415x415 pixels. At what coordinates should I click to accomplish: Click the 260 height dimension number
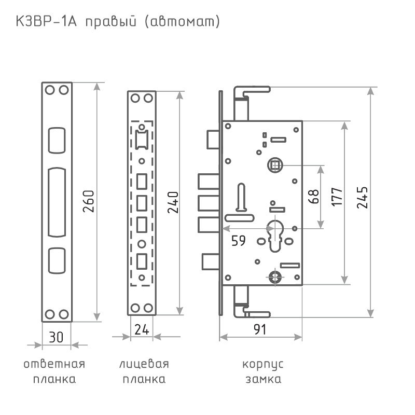(x=88, y=201)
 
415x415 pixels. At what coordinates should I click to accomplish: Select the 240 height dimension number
(x=173, y=202)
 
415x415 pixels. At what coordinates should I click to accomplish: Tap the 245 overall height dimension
(x=362, y=198)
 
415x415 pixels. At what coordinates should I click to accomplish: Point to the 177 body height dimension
(x=337, y=197)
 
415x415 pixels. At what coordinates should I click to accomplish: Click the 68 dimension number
(x=314, y=196)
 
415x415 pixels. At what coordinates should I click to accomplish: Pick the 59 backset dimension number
(x=239, y=241)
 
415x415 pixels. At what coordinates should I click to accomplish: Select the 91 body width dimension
(x=260, y=329)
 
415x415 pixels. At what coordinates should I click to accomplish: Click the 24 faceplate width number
(x=142, y=329)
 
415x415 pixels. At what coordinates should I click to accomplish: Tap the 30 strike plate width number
(x=56, y=338)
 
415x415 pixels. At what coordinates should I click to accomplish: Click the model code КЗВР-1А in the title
(x=46, y=21)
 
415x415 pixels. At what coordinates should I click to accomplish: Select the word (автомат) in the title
(x=183, y=22)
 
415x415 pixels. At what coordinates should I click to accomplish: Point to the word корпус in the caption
(x=263, y=365)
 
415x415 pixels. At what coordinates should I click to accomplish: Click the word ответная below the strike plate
(x=54, y=364)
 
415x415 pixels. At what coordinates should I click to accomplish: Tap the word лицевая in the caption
(x=144, y=364)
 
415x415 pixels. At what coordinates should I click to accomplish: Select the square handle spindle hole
(x=275, y=165)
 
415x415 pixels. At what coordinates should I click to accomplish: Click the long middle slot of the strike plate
(x=57, y=202)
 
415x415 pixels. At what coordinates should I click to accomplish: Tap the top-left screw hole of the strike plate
(x=50, y=90)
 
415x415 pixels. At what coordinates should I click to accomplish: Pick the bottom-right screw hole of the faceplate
(x=148, y=308)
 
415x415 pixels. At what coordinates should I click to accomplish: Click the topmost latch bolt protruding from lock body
(x=213, y=139)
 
